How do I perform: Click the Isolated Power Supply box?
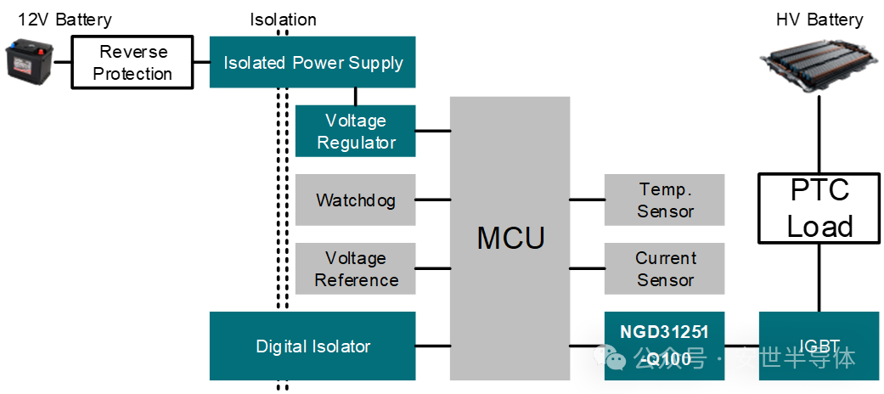tap(312, 62)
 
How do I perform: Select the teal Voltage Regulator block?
tap(356, 131)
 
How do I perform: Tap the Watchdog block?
tap(356, 200)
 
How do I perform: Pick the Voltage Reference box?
tap(356, 268)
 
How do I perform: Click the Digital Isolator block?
tap(312, 346)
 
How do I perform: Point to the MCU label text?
tap(510, 238)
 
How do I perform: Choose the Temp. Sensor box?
tap(665, 200)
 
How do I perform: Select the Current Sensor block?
tap(665, 268)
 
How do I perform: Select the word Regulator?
tap(357, 143)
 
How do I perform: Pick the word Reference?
tap(357, 280)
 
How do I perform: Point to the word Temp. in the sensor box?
tap(666, 189)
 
